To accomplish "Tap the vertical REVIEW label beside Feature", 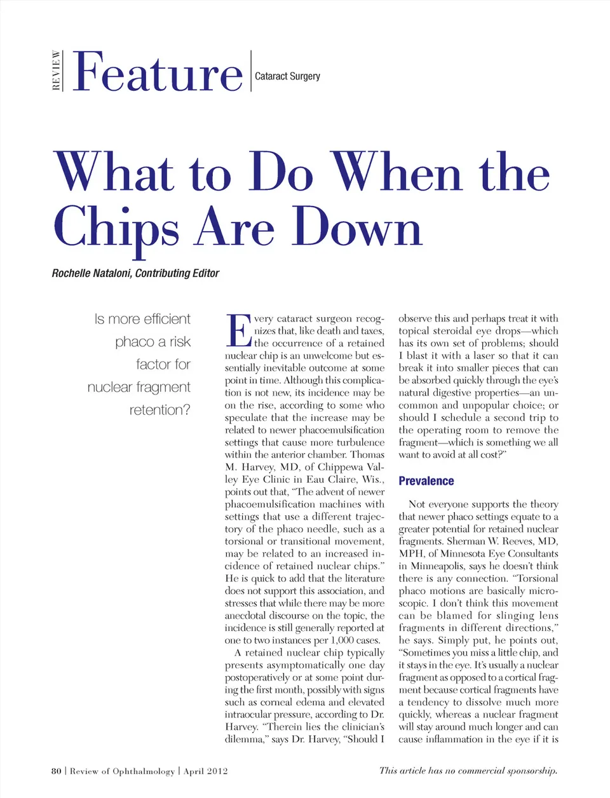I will pyautogui.click(x=57, y=71).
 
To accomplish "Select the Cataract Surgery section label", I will pyautogui.click(x=287, y=76).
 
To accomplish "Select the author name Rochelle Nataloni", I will pyautogui.click(x=91, y=273).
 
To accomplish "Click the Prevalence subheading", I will pyautogui.click(x=426, y=481).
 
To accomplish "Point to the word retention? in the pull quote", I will pyautogui.click(x=159, y=410).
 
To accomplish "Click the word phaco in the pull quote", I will pyautogui.click(x=133, y=342).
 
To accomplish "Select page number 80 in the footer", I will pyautogui.click(x=57, y=771).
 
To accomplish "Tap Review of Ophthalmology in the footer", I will pyautogui.click(x=122, y=771).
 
